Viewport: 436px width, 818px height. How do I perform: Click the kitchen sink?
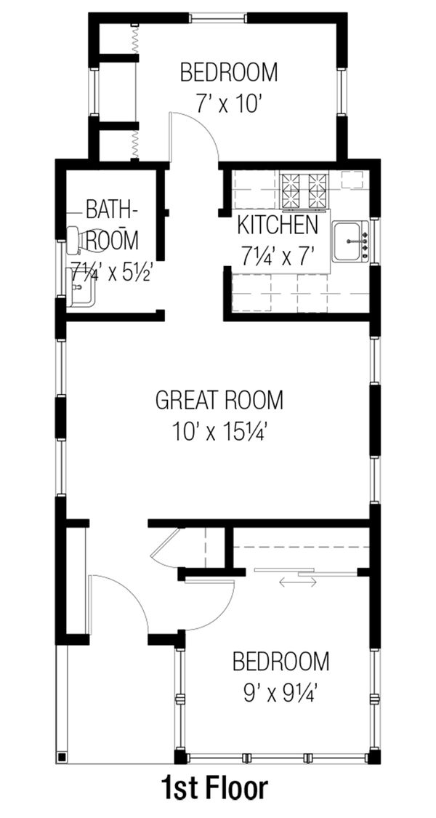[351, 242]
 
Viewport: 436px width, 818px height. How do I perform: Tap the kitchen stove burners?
[304, 190]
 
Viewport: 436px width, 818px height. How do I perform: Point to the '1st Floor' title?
[214, 789]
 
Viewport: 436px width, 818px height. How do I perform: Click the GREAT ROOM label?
[219, 400]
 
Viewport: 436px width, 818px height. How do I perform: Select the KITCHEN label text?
[277, 225]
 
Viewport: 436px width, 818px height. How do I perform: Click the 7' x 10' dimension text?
[227, 104]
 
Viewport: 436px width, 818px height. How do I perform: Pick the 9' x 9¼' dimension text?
[280, 692]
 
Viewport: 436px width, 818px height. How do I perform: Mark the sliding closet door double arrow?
[297, 582]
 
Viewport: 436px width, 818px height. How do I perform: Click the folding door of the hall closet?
[169, 545]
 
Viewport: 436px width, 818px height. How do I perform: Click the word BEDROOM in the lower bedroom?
[280, 662]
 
